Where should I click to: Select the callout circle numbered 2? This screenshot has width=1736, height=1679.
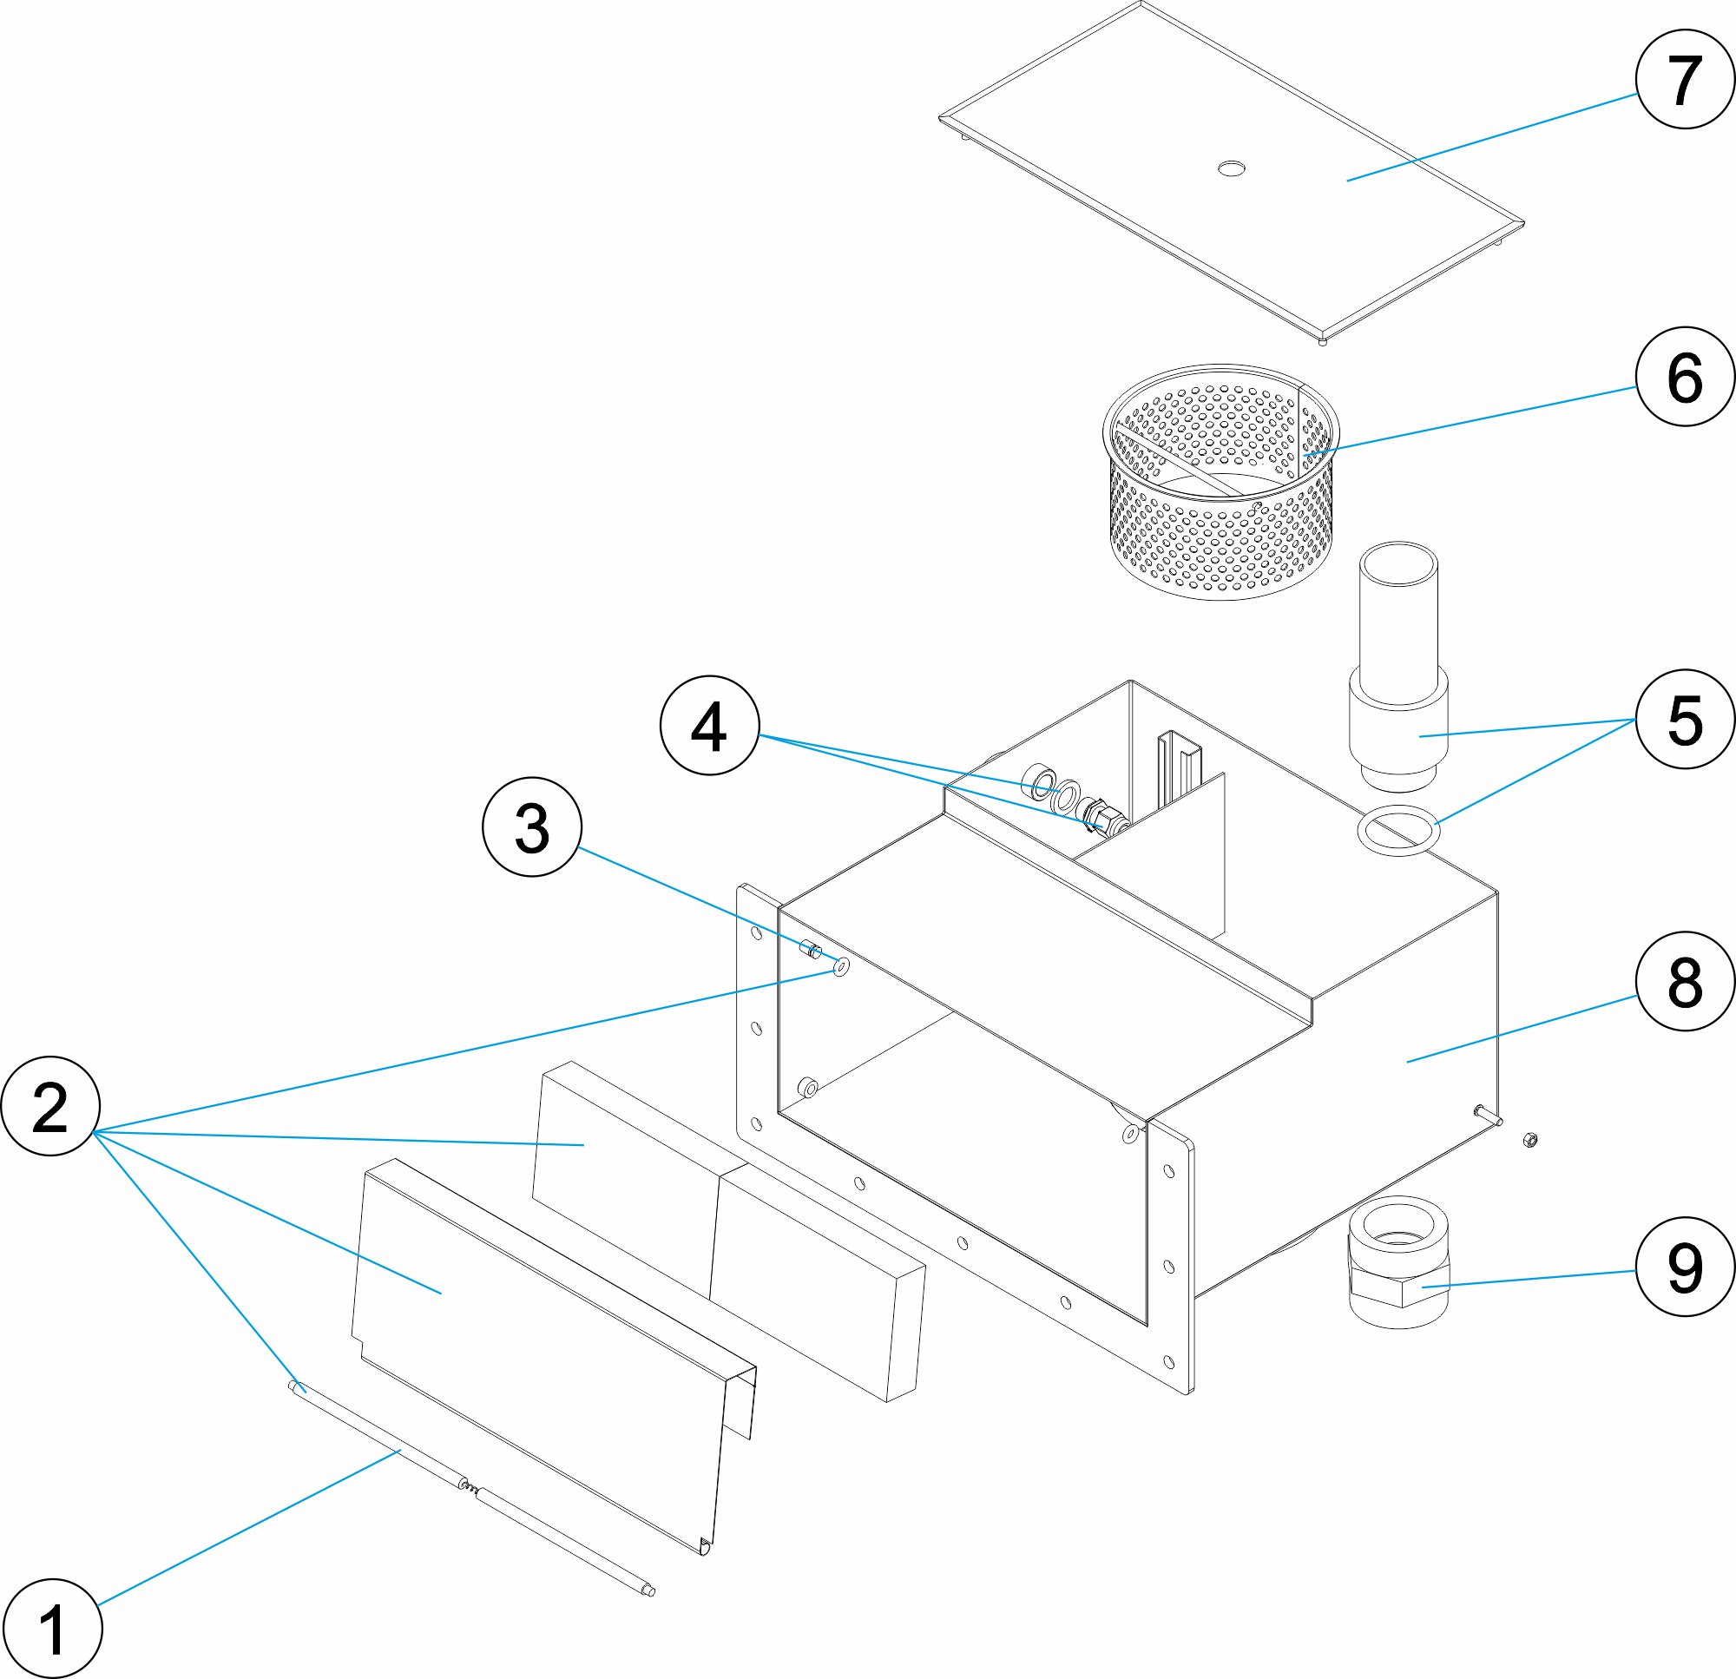click(50, 1106)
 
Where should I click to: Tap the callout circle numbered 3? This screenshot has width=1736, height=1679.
click(531, 826)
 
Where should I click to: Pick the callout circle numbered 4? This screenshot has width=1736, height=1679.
click(709, 726)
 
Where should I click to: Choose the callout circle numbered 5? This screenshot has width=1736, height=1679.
click(1685, 719)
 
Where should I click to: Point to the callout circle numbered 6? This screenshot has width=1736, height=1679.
click(1685, 377)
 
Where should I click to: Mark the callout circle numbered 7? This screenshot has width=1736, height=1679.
click(1685, 80)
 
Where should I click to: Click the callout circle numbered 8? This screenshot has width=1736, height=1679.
click(1685, 981)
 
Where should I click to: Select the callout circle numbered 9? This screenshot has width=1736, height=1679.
click(1685, 1266)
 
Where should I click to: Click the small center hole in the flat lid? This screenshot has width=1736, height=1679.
click(1231, 168)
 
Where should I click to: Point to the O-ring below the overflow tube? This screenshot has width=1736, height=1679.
click(1398, 830)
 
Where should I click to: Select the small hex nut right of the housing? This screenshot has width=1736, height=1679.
click(1529, 1139)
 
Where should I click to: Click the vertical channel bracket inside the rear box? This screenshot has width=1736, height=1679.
click(1178, 771)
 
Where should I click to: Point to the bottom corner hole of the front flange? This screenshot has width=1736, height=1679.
click(1169, 1361)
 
